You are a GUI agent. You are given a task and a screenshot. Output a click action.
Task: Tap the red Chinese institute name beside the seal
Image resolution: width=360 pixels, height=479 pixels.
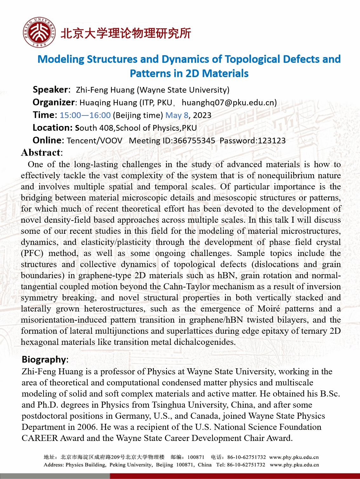[126, 33]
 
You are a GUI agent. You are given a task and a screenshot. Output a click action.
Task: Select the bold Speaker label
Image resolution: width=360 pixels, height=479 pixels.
[50, 90]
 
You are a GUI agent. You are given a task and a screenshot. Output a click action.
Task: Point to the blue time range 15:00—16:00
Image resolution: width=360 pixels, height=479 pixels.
[85, 115]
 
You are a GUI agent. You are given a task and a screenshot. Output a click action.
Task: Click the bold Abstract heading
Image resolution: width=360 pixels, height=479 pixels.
[41, 153]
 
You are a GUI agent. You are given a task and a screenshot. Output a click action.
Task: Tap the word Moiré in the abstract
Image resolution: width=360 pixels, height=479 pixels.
[269, 309]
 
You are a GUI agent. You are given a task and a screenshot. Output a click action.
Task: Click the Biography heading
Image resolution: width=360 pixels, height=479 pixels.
[44, 359]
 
